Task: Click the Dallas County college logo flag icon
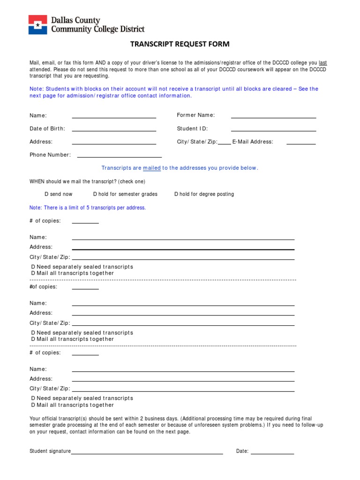tap(37, 24)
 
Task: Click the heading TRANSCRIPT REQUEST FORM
tap(180, 45)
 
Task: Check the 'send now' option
tap(46, 194)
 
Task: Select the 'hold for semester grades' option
tap(95, 194)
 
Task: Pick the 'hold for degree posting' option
tap(176, 194)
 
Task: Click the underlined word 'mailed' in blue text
tap(152, 168)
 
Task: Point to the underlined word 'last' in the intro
tap(322, 63)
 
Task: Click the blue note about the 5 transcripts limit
tap(88, 208)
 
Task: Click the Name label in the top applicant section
tap(38, 115)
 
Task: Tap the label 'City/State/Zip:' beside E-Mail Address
tap(197, 142)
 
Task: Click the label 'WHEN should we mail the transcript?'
tap(87, 181)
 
